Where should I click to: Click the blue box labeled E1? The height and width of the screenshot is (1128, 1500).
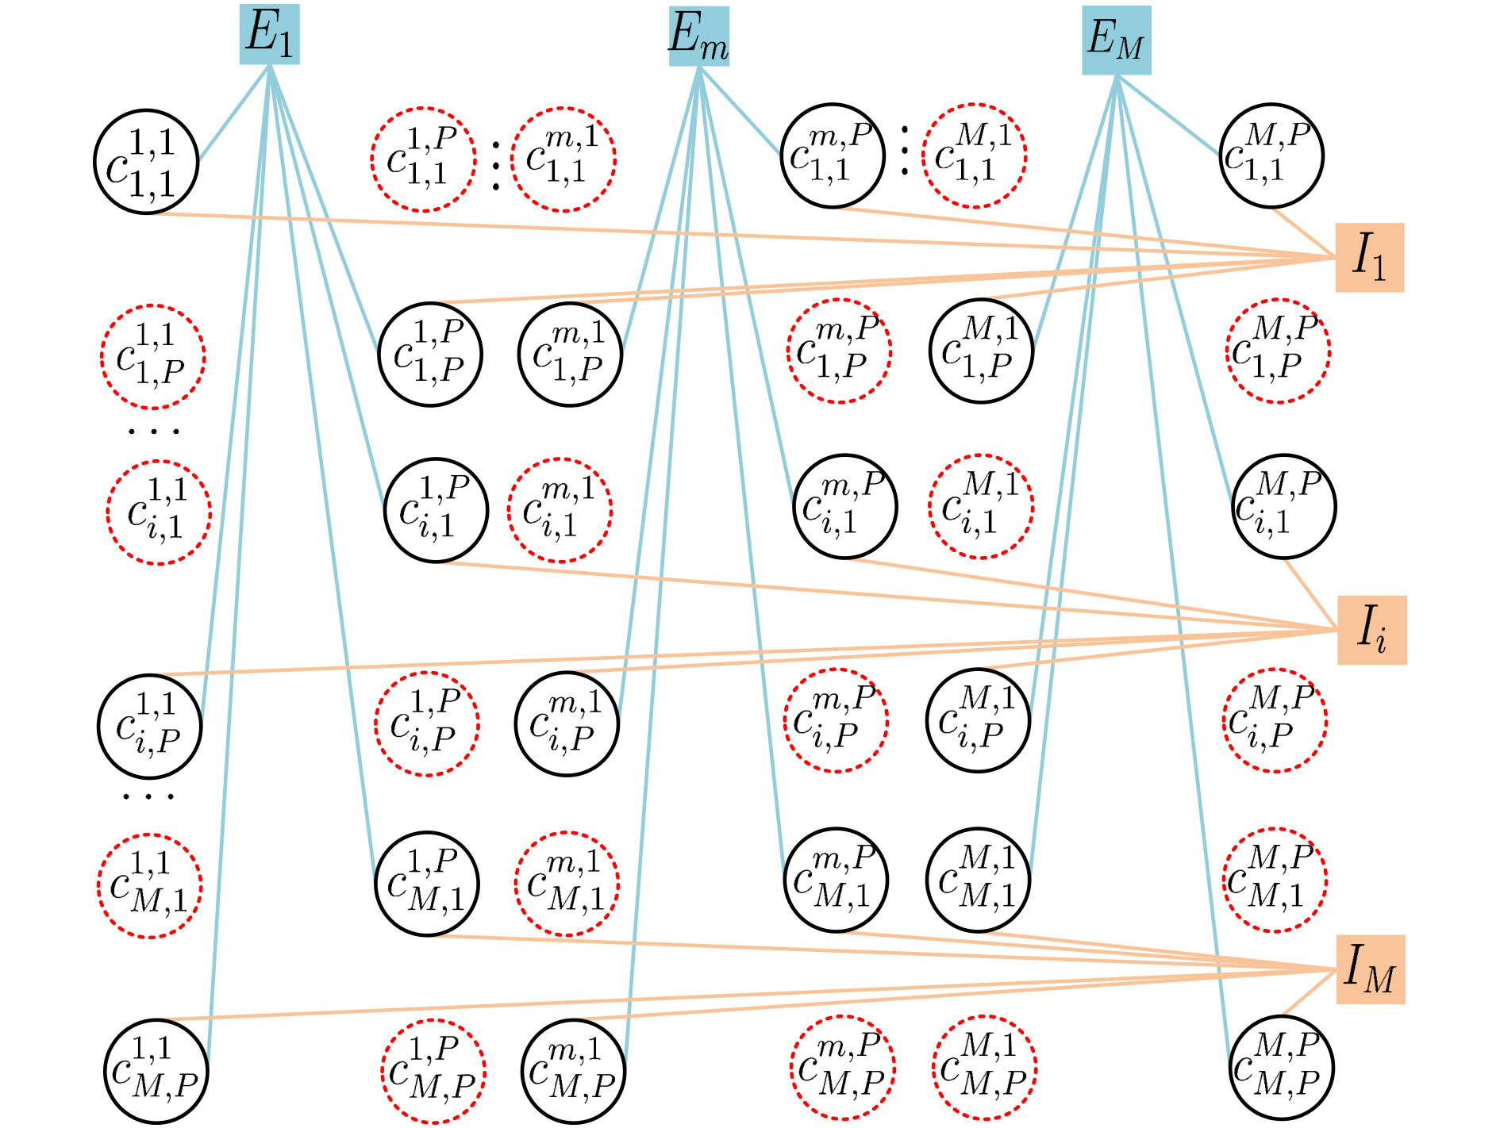[270, 34]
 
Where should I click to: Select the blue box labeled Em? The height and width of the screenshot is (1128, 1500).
[698, 36]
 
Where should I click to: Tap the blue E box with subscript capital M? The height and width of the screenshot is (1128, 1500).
[1117, 40]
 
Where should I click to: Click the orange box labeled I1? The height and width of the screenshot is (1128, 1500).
[1370, 258]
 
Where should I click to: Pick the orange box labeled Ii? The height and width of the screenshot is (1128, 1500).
[1372, 630]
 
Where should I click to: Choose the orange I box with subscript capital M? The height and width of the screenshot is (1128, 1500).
[1371, 969]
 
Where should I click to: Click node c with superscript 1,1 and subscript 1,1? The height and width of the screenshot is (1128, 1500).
[147, 162]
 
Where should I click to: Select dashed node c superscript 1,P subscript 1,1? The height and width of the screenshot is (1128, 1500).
[424, 159]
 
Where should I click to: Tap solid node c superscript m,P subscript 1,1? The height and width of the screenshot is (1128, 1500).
[833, 155]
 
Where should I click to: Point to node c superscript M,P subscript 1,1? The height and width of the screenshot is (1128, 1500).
[1271, 155]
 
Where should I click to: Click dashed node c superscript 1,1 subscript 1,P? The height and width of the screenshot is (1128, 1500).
[153, 357]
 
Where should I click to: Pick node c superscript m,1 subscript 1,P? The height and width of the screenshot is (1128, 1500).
[570, 354]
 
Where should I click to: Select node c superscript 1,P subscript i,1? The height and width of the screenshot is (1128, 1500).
[436, 510]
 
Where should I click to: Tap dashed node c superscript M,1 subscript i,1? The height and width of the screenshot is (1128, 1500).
[981, 507]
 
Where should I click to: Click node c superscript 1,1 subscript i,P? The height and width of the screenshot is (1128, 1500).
[150, 727]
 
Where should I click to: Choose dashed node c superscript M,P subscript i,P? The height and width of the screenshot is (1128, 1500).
[1275, 720]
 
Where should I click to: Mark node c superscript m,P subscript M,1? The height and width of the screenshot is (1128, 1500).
[836, 881]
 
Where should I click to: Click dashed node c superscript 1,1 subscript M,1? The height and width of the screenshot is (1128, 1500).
[150, 886]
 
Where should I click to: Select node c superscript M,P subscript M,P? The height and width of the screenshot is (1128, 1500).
[1281, 1068]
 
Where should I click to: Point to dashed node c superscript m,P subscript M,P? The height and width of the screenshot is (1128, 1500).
[842, 1068]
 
